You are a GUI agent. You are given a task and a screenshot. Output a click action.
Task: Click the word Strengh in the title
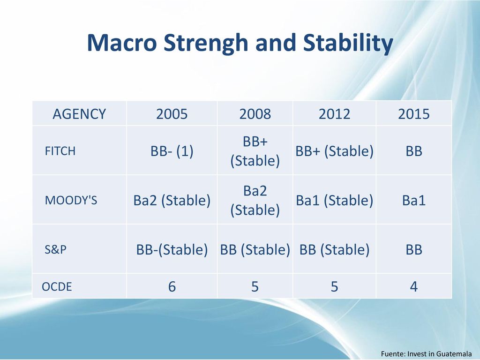206,43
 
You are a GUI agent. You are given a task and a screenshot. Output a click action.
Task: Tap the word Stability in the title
348,43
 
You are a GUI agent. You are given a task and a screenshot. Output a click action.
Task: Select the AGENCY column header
79,114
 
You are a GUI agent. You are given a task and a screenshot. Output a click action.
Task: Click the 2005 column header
172,114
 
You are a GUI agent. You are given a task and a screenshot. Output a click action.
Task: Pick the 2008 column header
255,114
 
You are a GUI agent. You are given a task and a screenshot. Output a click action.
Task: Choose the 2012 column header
334,114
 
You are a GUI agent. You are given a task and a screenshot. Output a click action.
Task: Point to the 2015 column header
414,114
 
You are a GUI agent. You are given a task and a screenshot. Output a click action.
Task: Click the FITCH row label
60,151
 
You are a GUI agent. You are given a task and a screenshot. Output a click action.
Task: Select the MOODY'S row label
71,201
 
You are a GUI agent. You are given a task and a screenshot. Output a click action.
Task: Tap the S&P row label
55,249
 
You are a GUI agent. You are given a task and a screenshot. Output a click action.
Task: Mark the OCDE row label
57,286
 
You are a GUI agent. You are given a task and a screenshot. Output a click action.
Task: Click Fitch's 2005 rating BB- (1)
172,151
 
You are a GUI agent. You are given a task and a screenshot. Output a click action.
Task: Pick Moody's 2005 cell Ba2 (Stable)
172,201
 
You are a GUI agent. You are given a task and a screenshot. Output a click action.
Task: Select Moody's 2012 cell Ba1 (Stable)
334,201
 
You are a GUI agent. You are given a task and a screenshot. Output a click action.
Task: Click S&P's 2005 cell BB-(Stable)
172,250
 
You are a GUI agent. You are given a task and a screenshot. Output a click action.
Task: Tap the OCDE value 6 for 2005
172,286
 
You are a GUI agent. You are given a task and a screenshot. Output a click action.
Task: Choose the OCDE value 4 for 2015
414,286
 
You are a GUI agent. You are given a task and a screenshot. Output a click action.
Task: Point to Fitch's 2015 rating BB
414,151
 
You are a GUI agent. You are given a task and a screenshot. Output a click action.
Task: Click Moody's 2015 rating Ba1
414,201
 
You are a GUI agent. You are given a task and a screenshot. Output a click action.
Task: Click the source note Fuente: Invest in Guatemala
426,353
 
